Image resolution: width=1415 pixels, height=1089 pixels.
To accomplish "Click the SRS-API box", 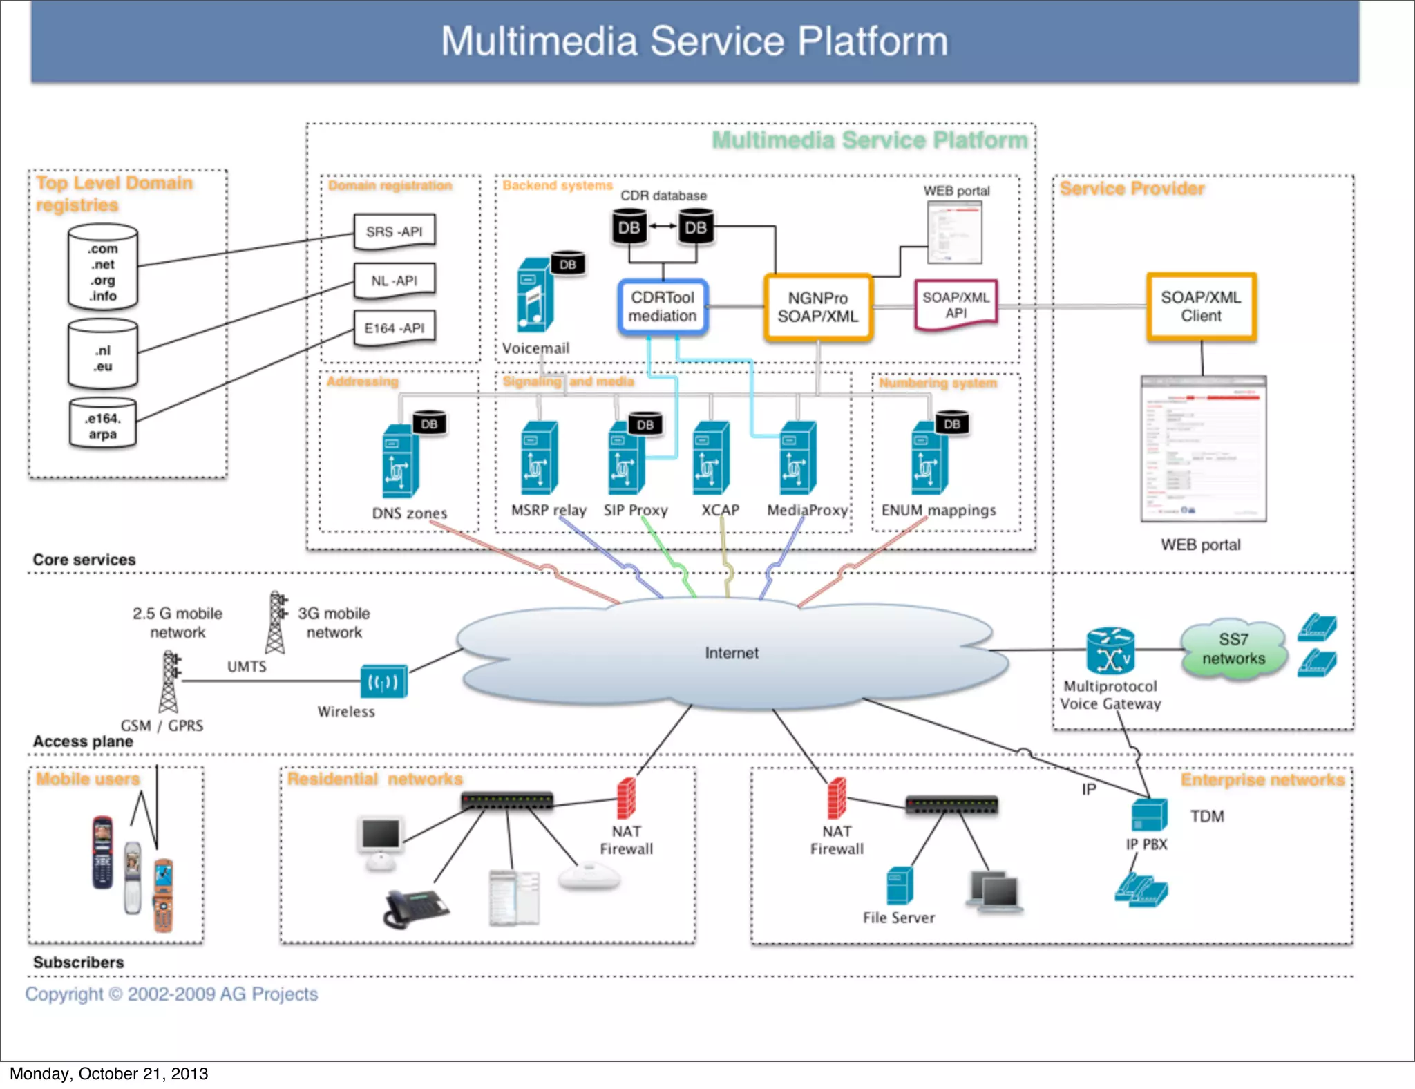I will tap(395, 231).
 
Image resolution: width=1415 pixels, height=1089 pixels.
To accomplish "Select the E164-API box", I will tap(395, 328).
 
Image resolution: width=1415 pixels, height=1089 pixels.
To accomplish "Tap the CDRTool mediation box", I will tap(663, 307).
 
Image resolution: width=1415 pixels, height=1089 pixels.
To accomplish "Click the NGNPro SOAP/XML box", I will tap(817, 307).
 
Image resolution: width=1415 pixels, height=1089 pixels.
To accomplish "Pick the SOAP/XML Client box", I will tap(1201, 307).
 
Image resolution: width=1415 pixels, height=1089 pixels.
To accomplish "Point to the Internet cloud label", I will tap(732, 653).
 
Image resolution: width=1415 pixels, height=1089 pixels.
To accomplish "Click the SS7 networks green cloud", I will tap(1233, 650).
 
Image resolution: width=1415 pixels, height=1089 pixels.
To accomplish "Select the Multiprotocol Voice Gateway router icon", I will tap(1110, 650).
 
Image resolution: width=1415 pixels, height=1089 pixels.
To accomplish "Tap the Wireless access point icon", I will tap(383, 682).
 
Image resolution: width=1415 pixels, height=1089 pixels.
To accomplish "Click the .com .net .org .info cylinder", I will tap(103, 267).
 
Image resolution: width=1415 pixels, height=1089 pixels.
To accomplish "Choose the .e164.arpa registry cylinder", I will tap(103, 425).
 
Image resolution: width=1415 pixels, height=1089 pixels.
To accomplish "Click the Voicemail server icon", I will tap(535, 295).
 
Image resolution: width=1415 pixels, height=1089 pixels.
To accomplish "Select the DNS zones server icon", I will tap(400, 461).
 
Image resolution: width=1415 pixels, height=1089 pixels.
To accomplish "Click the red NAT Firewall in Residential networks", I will tap(626, 798).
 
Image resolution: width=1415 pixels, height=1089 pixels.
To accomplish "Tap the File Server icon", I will tap(900, 885).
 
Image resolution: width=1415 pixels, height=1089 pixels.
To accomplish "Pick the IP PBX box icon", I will tap(1149, 815).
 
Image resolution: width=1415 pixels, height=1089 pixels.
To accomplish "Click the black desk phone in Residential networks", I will tap(415, 908).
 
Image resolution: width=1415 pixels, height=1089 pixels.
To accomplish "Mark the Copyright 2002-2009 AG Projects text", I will tap(171, 994).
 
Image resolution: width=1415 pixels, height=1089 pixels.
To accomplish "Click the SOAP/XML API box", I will tap(956, 305).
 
